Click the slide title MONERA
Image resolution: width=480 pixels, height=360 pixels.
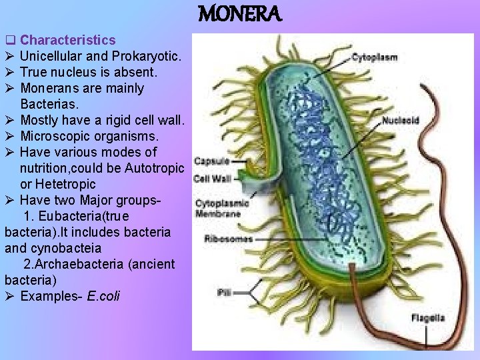[x=241, y=13]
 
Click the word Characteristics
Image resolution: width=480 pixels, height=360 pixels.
[x=68, y=41]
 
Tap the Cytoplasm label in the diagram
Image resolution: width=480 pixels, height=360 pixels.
[x=375, y=57]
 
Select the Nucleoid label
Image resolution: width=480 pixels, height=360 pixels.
[x=401, y=121]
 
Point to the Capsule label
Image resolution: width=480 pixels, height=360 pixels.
[x=211, y=161]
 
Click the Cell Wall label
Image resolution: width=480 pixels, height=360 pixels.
[x=213, y=179]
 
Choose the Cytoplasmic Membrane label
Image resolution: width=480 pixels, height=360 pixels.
[x=222, y=208]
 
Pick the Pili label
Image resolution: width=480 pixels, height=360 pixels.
[x=225, y=292]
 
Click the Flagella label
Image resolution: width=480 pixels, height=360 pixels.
[x=427, y=318]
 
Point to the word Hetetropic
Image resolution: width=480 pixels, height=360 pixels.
[x=67, y=184]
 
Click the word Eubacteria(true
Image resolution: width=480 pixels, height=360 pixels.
[x=83, y=216]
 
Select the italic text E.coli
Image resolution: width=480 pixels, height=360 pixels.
[x=103, y=296]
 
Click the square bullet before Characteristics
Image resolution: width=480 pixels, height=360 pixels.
[x=9, y=41]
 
